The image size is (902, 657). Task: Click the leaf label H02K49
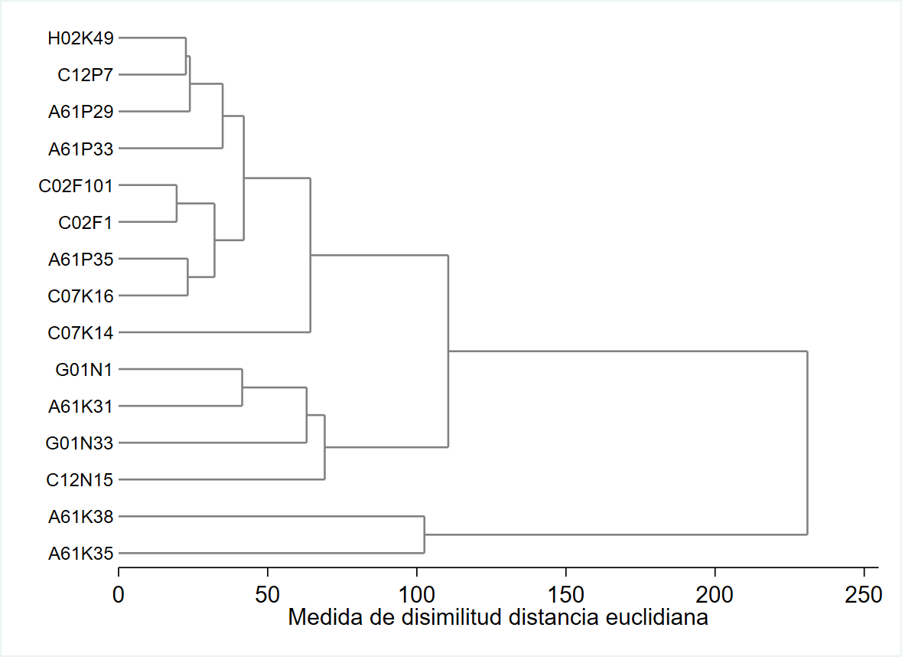pos(80,38)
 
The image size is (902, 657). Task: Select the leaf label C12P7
pos(86,75)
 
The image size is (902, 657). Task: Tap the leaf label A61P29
pos(80,112)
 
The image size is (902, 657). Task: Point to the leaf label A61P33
pos(80,149)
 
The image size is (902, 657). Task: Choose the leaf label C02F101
pos(76,186)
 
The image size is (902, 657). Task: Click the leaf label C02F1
pos(86,223)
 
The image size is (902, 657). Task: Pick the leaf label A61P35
pos(80,260)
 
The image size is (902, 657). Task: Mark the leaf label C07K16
pos(80,296)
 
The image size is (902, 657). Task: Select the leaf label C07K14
pos(80,333)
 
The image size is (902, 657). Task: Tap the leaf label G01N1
pos(84,370)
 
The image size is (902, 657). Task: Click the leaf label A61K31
pos(80,407)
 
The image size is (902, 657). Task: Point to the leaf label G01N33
pos(80,443)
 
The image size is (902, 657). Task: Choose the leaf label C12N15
pos(80,481)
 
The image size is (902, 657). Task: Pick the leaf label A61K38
pos(80,518)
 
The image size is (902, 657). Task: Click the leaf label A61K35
pos(80,554)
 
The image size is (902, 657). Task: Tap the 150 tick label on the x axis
pos(565,593)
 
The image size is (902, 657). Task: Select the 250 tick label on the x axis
pos(864,593)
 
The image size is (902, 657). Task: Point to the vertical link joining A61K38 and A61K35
pos(424,534)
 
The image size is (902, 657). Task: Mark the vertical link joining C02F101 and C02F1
pos(177,204)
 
